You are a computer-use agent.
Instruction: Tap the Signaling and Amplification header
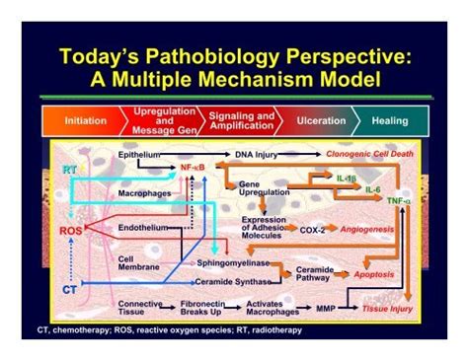(x=241, y=120)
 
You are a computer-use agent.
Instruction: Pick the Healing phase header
(x=389, y=121)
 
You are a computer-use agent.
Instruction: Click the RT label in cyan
(x=69, y=170)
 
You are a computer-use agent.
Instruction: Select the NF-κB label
(x=195, y=169)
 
